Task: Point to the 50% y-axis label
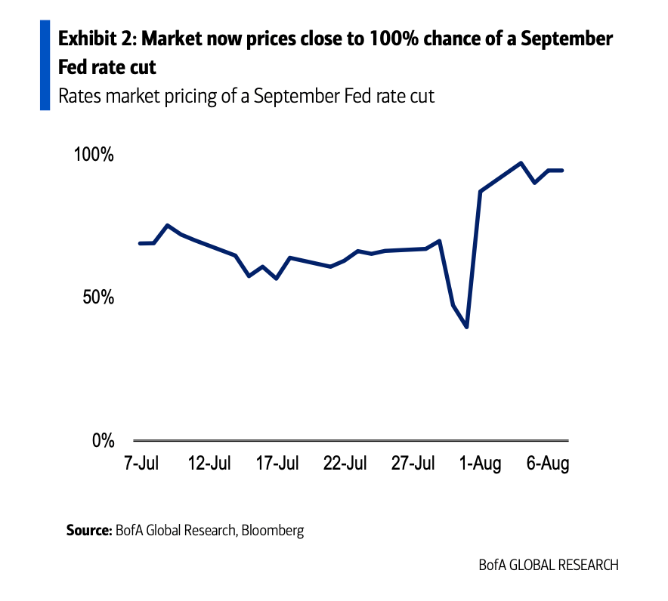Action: [x=98, y=297]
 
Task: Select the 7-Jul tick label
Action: [x=141, y=463]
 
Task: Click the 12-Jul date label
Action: [x=209, y=463]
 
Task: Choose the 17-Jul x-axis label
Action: [x=277, y=463]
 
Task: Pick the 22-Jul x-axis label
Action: [x=345, y=463]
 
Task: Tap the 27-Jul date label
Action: [x=413, y=463]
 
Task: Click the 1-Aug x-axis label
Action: [x=481, y=463]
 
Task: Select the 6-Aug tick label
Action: [x=547, y=463]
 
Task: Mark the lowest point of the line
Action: [x=467, y=327]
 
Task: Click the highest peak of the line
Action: [x=521, y=163]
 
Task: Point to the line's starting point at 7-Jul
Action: [x=140, y=243]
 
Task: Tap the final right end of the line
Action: [x=562, y=171]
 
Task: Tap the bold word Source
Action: [x=88, y=530]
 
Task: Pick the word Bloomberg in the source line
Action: [x=273, y=530]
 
